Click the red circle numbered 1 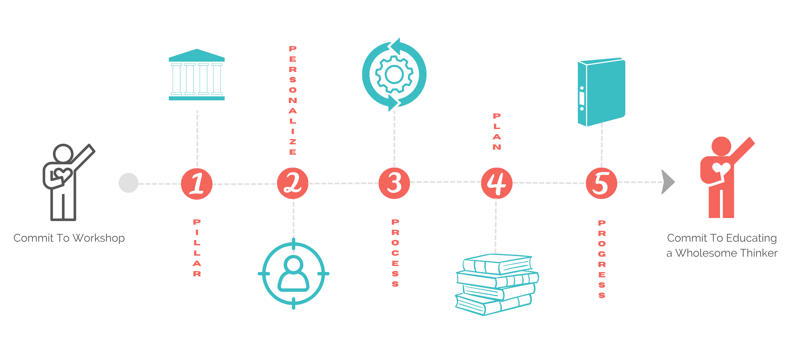(197, 184)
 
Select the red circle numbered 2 (293, 183)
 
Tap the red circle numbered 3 (394, 183)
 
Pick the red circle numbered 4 (497, 183)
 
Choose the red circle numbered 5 (602, 183)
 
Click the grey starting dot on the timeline (129, 183)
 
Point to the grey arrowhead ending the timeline (668, 182)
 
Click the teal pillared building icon (197, 75)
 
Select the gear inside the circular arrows (394, 74)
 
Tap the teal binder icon (601, 92)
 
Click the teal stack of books (497, 285)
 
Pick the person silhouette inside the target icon (293, 274)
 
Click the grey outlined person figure (68, 182)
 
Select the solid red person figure (727, 177)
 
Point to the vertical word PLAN (497, 132)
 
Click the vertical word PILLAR (197, 248)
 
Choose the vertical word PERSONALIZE (293, 100)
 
